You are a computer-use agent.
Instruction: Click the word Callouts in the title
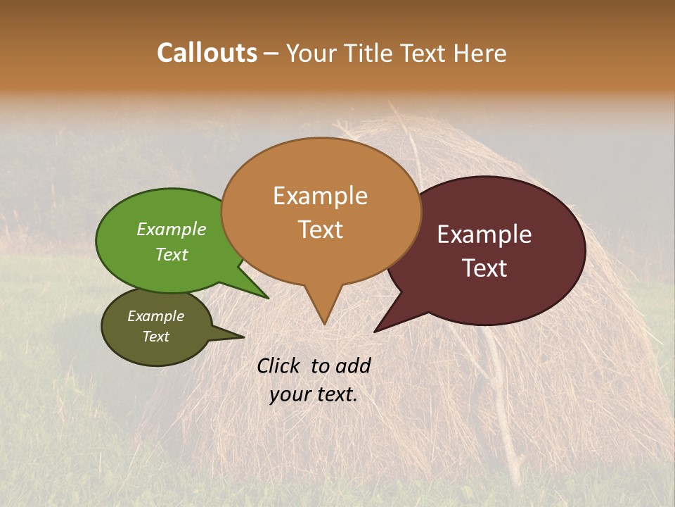(207, 53)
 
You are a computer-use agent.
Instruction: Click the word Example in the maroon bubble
(484, 234)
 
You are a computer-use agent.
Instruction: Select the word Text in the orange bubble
(321, 230)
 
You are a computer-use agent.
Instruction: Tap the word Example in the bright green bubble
(172, 230)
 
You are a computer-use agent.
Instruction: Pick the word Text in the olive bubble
(156, 337)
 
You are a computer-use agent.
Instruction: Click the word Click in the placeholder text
(279, 365)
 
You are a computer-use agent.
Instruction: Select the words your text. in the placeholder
(314, 395)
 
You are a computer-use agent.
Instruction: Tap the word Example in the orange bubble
(321, 196)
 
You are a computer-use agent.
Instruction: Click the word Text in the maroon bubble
(485, 268)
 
